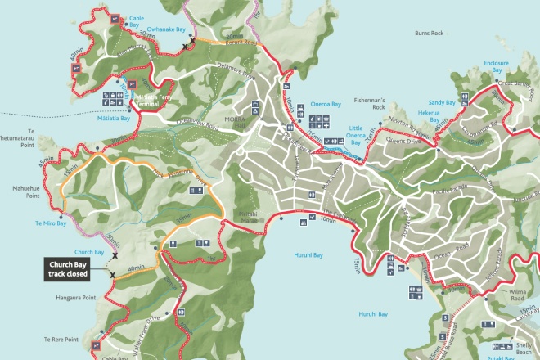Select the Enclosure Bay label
[496, 66]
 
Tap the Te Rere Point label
[61, 338]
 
